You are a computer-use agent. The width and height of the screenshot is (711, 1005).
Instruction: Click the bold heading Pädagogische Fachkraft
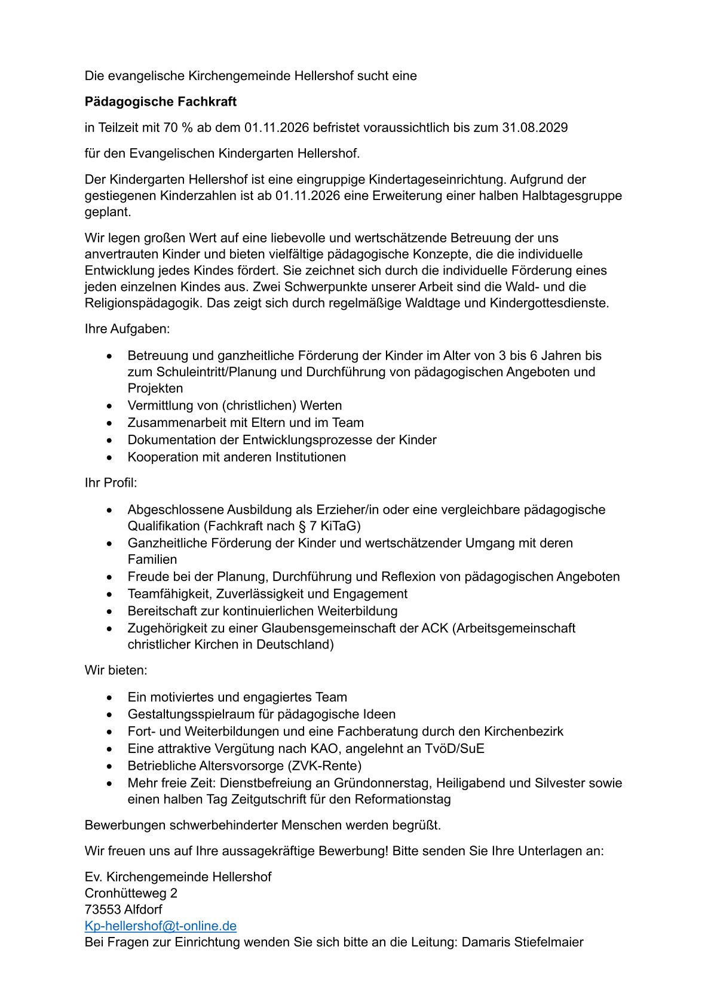(x=160, y=102)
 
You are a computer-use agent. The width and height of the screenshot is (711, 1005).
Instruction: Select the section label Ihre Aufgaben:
(x=127, y=329)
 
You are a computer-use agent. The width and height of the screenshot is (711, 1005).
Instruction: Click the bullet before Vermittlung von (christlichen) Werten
(x=109, y=406)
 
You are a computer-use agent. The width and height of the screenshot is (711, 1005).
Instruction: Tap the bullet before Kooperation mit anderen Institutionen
(x=109, y=457)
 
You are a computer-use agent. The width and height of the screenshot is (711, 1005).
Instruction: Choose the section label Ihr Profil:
(x=111, y=482)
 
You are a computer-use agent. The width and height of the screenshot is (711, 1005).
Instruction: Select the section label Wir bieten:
(x=116, y=670)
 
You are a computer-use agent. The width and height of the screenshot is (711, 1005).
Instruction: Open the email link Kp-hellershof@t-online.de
(x=161, y=926)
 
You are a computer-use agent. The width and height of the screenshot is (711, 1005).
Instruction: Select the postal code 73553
(x=103, y=909)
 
